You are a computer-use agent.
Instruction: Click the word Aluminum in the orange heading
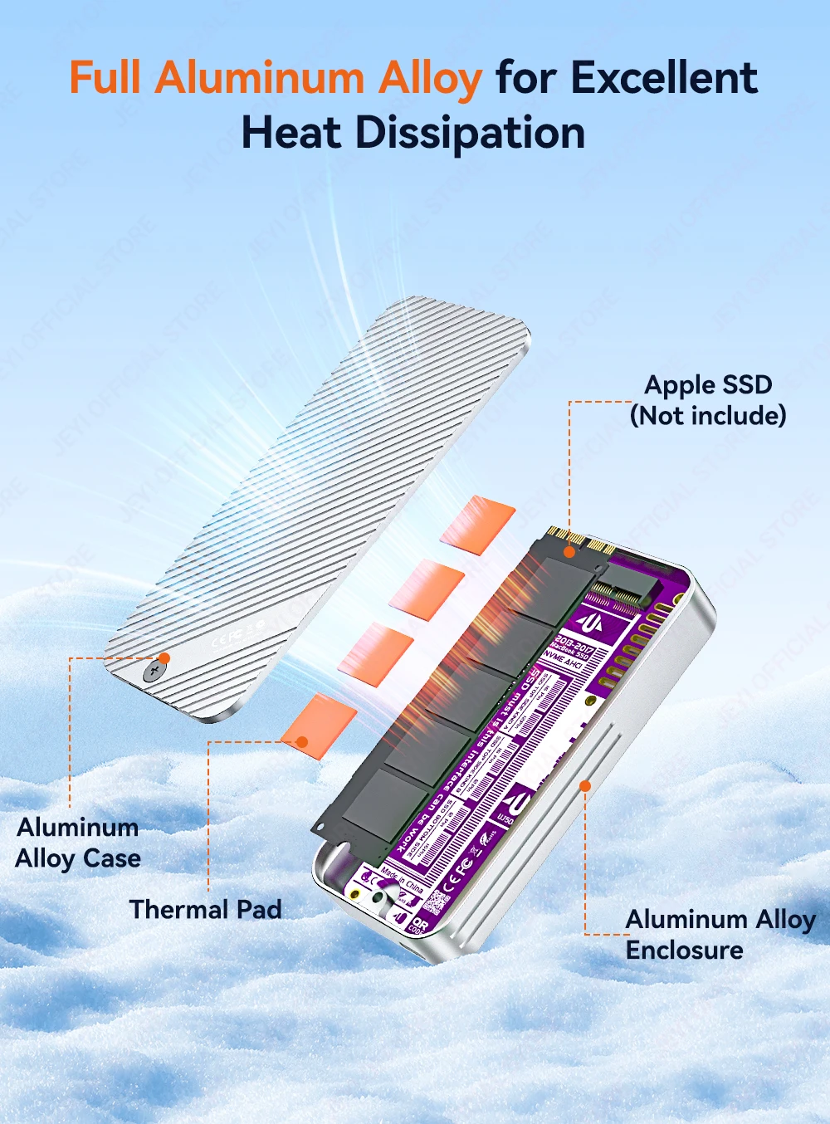click(259, 78)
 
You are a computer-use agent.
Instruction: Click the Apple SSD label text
click(708, 384)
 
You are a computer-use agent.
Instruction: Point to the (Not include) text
click(708, 415)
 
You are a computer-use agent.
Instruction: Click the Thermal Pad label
click(205, 909)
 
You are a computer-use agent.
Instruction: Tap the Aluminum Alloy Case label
click(78, 843)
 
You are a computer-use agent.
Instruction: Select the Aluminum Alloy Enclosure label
click(719, 934)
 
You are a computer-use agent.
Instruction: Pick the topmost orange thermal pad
click(478, 523)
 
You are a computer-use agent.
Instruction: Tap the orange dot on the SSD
click(569, 551)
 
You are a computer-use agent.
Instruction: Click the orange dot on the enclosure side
click(585, 785)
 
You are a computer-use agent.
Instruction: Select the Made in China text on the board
click(403, 880)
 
